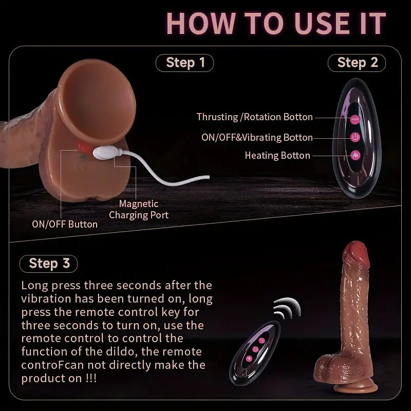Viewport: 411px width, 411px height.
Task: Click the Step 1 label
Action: pyautogui.click(x=184, y=63)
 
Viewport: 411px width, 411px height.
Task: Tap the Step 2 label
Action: pyautogui.click(x=357, y=63)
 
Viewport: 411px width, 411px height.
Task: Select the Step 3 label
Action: pyautogui.click(x=49, y=263)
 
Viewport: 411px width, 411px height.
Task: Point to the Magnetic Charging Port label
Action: pyautogui.click(x=139, y=210)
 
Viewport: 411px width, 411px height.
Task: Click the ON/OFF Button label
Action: pyautogui.click(x=65, y=224)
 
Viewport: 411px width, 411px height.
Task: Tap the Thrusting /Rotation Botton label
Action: pyautogui.click(x=254, y=117)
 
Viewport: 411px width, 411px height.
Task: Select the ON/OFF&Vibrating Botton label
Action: pyautogui.click(x=257, y=137)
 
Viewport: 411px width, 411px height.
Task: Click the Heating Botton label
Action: pyautogui.click(x=277, y=155)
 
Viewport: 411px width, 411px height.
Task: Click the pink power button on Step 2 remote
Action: pyautogui.click(x=354, y=137)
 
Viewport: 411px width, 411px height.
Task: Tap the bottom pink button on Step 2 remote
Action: pyautogui.click(x=354, y=155)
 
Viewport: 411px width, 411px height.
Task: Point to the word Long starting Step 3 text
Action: pyautogui.click(x=34, y=285)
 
